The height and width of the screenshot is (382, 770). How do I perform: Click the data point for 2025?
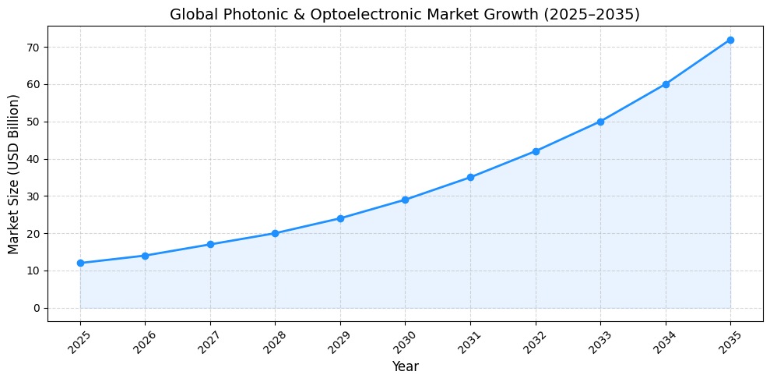(80, 263)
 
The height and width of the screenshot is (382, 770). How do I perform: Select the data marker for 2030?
(405, 200)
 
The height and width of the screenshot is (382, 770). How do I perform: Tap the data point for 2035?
(730, 40)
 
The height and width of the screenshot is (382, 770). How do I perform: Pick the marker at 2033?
(600, 122)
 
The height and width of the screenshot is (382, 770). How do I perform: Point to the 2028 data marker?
(275, 233)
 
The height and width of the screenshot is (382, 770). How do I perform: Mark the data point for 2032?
(536, 151)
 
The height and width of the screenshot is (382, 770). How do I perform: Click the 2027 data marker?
(210, 245)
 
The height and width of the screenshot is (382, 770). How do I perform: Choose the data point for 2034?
(666, 84)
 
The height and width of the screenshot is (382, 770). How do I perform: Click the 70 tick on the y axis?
(33, 48)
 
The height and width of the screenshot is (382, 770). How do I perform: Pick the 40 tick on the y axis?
(33, 159)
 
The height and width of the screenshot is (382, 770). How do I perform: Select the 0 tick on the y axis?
(37, 308)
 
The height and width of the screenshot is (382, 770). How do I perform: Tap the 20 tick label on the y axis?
(33, 234)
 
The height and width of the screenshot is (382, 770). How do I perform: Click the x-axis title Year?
(405, 366)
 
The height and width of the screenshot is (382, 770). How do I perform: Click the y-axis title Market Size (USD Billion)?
(14, 174)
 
